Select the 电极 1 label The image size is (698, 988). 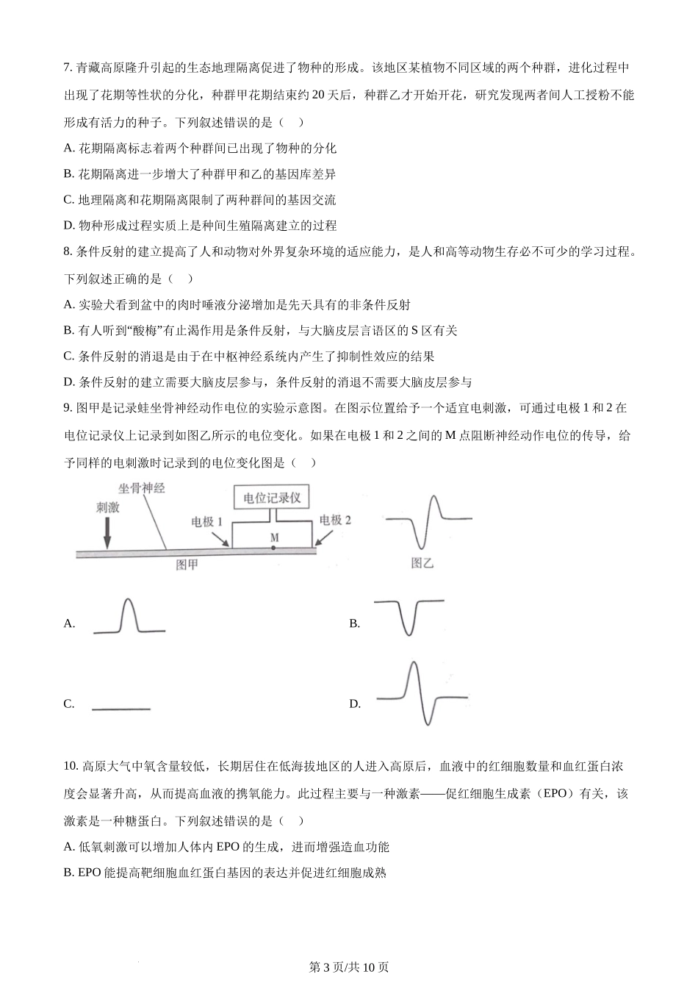(x=207, y=520)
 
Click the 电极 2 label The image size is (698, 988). (x=335, y=520)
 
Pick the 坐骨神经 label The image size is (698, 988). (x=142, y=488)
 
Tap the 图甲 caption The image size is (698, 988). (x=187, y=565)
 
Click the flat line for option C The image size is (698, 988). (x=121, y=709)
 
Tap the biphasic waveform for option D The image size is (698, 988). (x=420, y=693)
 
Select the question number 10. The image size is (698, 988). (x=71, y=767)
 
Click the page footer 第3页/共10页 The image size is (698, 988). (x=349, y=967)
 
